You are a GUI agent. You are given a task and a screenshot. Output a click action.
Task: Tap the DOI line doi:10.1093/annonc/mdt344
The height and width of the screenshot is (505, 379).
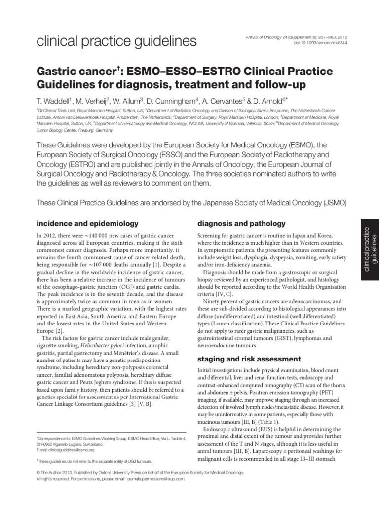(x=321, y=43)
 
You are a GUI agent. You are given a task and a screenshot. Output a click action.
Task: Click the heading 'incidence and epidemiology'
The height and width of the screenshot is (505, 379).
(x=85, y=223)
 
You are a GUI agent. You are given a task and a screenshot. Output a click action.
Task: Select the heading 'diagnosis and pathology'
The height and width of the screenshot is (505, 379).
(x=241, y=223)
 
